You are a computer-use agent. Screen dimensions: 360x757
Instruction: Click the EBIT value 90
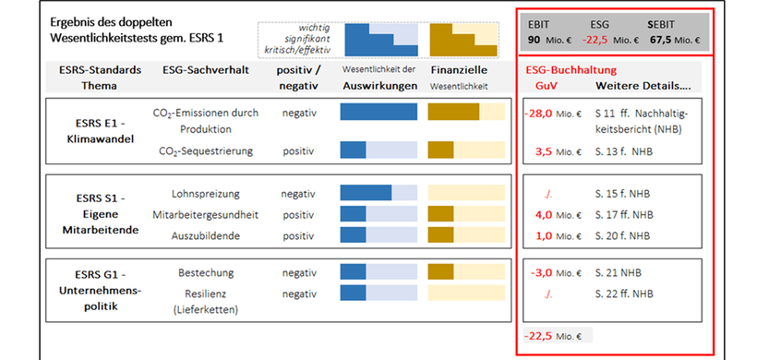tap(534, 40)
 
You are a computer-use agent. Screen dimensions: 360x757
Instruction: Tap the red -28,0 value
tap(537, 113)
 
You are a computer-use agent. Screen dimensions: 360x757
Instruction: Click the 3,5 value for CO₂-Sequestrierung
tap(543, 150)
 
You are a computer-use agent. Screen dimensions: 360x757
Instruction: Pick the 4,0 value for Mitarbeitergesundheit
tap(543, 214)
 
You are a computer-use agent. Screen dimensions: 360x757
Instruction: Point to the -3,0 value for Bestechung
tap(539, 273)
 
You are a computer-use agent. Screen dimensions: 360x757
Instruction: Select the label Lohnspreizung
tap(206, 194)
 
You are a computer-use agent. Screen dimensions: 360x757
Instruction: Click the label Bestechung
tap(206, 273)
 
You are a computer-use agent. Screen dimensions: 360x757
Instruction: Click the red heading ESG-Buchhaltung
tap(571, 69)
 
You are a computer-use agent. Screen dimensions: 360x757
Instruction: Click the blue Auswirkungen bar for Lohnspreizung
tap(366, 194)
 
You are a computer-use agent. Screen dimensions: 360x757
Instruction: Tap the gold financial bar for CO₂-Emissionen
tap(453, 113)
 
